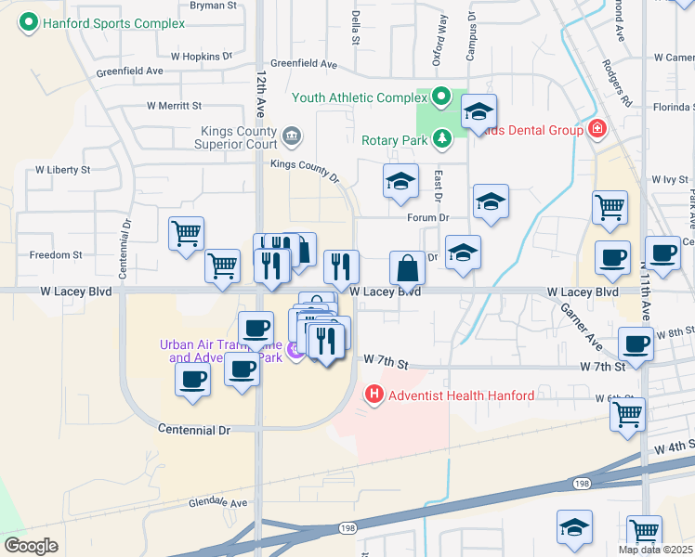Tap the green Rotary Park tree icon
(x=442, y=139)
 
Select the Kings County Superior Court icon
(x=291, y=138)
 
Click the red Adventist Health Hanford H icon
(x=374, y=395)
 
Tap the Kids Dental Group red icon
(x=597, y=130)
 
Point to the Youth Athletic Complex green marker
(x=441, y=97)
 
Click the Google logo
(x=31, y=546)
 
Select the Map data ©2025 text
(x=654, y=550)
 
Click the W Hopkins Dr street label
(x=202, y=56)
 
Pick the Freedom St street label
(x=56, y=254)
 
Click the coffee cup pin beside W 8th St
(x=636, y=343)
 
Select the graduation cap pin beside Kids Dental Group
(x=479, y=111)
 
